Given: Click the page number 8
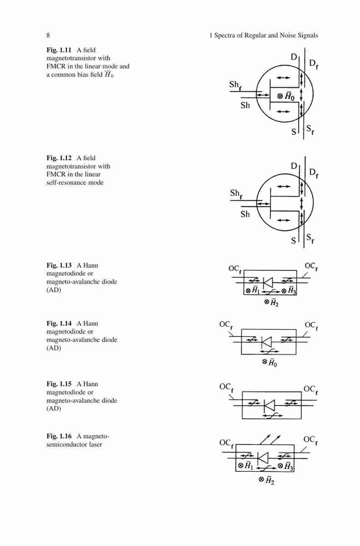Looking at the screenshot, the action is (x=48, y=35).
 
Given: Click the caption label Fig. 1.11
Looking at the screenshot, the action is (x=59, y=50).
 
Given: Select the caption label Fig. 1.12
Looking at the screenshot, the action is (x=59, y=158).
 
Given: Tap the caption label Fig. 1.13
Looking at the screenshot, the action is (x=59, y=265).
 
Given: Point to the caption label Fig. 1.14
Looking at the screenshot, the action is (x=59, y=323).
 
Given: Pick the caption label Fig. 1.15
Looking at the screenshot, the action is (x=59, y=384).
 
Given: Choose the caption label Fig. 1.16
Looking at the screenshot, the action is (x=59, y=436).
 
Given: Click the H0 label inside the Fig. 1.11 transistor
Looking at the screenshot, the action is (x=289, y=97).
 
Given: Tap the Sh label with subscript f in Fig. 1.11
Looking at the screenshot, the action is (x=235, y=85).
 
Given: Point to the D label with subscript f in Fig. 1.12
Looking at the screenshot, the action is (x=314, y=173).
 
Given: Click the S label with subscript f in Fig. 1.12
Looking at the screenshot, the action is (x=310, y=239).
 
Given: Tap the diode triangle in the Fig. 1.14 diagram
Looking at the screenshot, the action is (x=266, y=342).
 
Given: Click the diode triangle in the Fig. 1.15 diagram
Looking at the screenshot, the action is (x=269, y=405).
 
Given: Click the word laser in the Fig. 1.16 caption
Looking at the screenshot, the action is (x=95, y=444).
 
